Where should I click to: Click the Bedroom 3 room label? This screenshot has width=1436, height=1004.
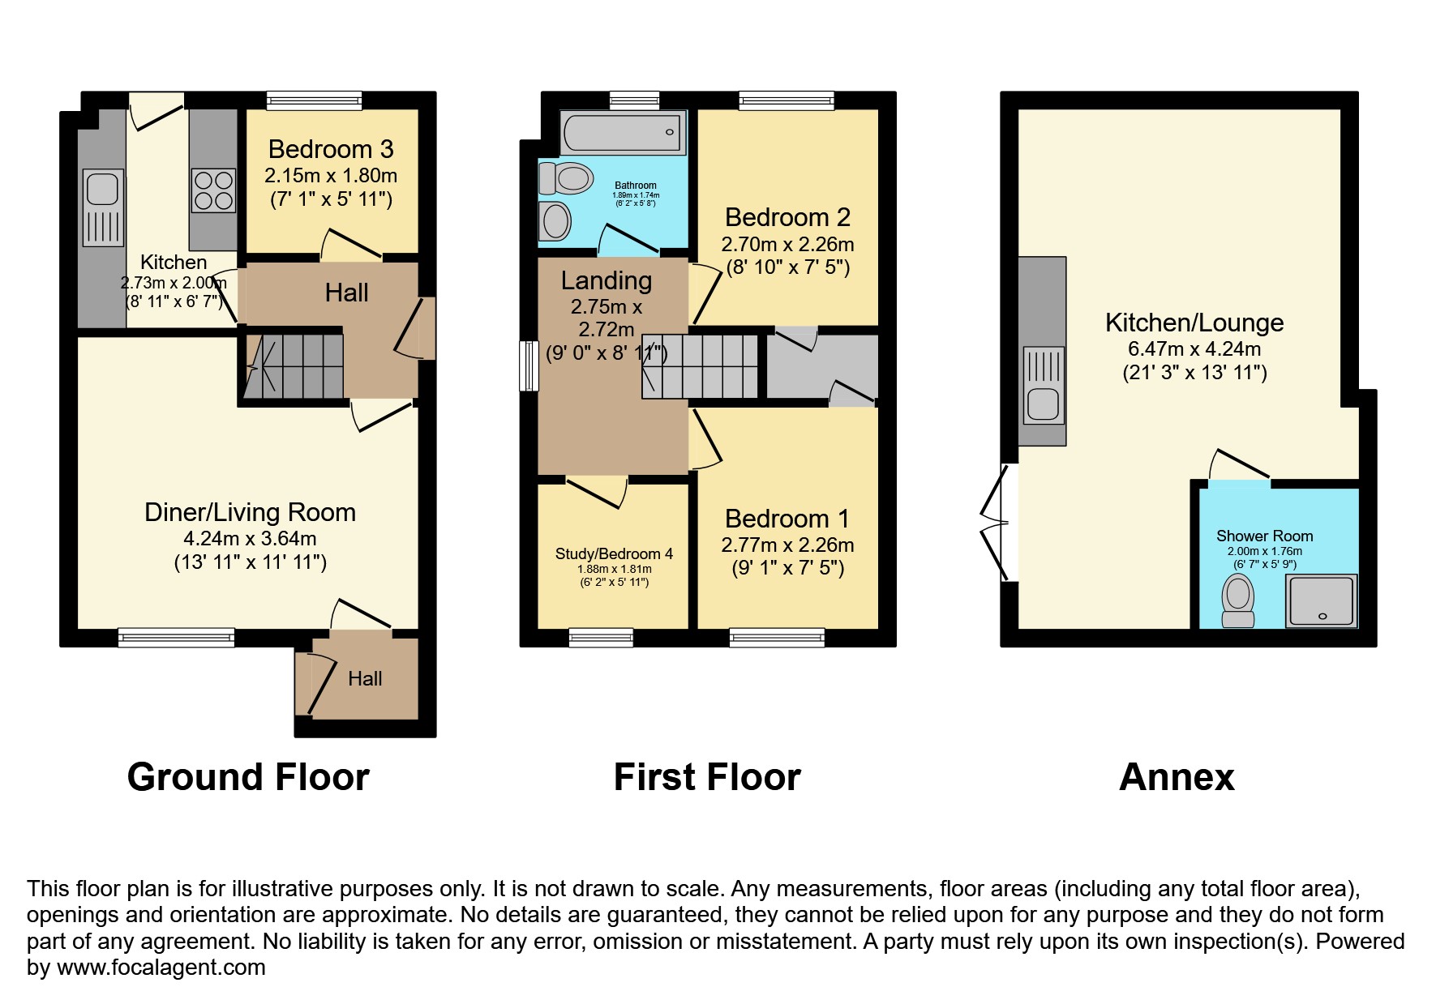(331, 149)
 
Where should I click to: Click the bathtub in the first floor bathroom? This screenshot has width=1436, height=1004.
(623, 132)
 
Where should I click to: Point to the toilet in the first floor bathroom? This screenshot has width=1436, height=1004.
(566, 177)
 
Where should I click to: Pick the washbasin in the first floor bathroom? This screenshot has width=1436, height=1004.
(555, 220)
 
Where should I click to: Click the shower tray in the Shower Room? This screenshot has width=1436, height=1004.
(1321, 600)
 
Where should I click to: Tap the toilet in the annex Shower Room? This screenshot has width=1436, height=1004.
(1238, 600)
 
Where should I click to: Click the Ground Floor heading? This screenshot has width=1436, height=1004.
(248, 777)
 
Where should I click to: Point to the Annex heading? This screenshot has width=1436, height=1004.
(1177, 777)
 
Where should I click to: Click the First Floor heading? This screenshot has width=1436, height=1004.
(707, 777)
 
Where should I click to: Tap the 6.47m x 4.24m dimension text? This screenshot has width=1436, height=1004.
(1194, 349)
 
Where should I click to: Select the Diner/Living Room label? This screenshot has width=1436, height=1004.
(250, 512)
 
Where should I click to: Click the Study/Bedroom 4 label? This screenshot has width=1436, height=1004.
(614, 554)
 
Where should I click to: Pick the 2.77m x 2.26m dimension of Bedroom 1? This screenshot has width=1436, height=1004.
(787, 545)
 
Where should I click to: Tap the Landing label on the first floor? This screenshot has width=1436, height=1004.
(607, 280)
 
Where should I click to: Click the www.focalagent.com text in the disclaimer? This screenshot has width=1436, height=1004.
(161, 968)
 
